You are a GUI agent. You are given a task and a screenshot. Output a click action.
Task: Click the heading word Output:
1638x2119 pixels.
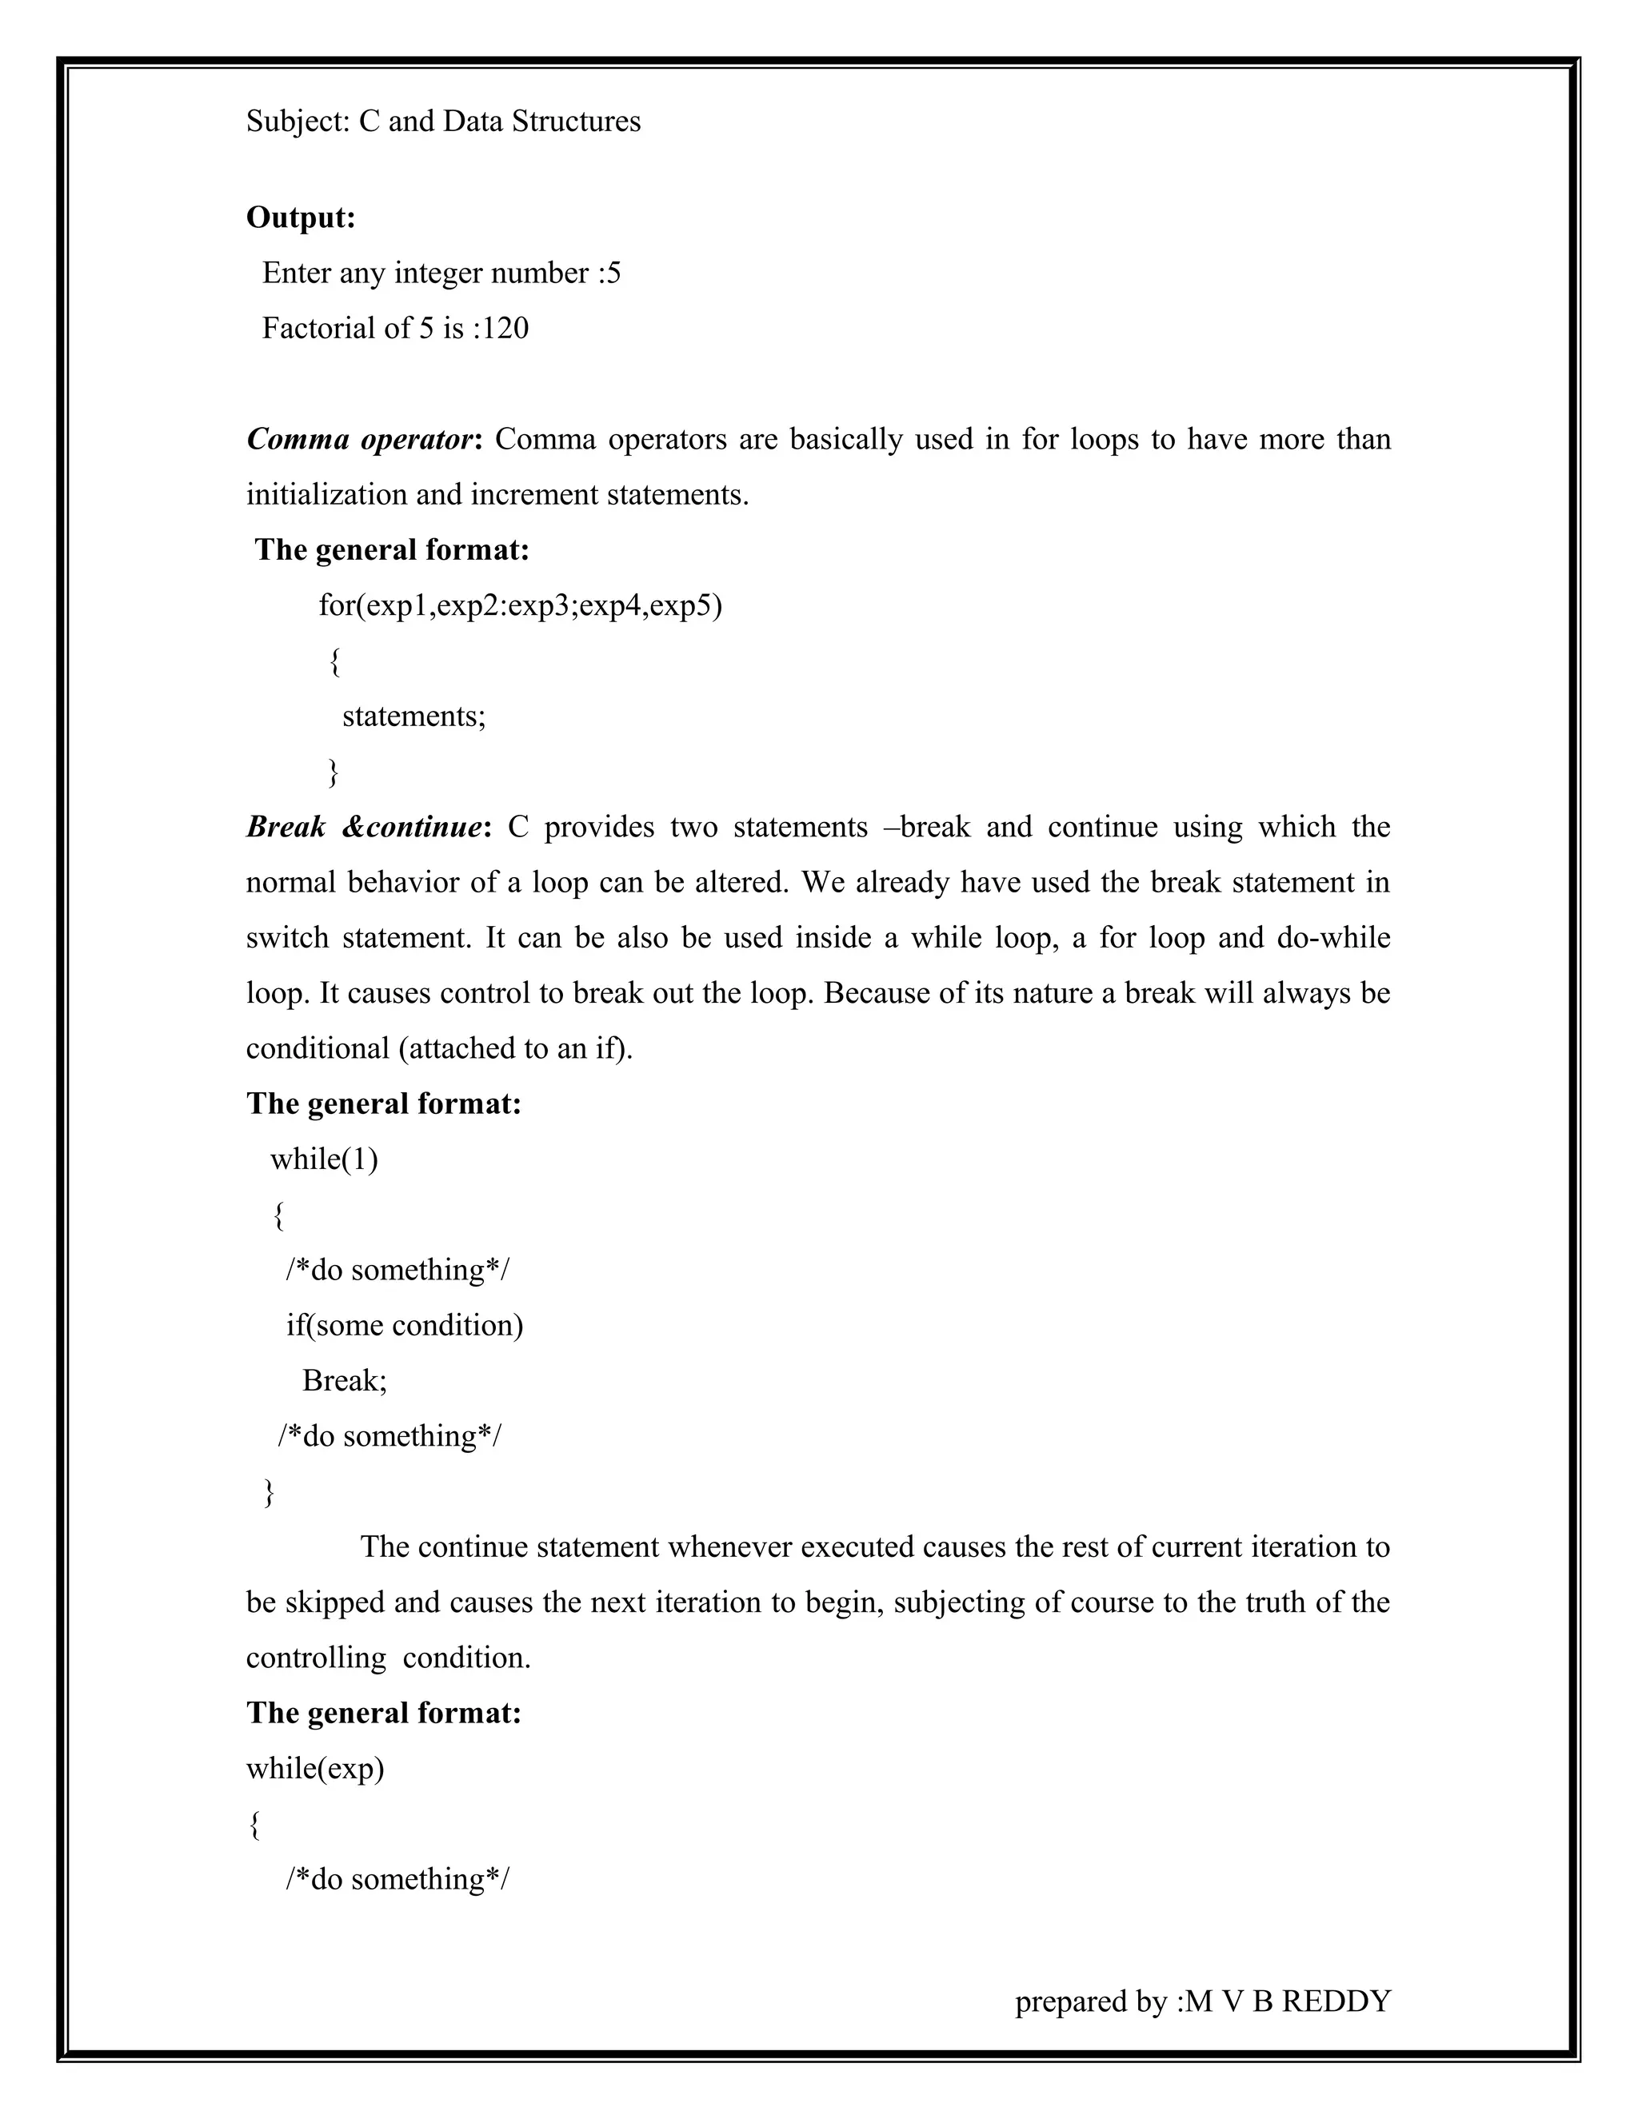301,217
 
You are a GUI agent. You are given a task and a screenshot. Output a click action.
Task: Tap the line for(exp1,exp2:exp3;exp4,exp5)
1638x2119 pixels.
520,606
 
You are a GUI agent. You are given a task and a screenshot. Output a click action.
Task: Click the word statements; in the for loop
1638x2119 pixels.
413,716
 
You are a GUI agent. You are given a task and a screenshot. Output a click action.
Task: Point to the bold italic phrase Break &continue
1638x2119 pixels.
364,827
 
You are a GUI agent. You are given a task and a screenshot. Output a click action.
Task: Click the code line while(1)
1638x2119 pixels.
324,1159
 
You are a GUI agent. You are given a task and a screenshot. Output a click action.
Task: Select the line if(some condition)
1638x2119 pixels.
404,1325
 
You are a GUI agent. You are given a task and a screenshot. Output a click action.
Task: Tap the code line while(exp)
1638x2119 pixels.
315,1768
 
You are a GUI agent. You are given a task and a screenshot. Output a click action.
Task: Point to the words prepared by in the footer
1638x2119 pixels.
1091,2001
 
